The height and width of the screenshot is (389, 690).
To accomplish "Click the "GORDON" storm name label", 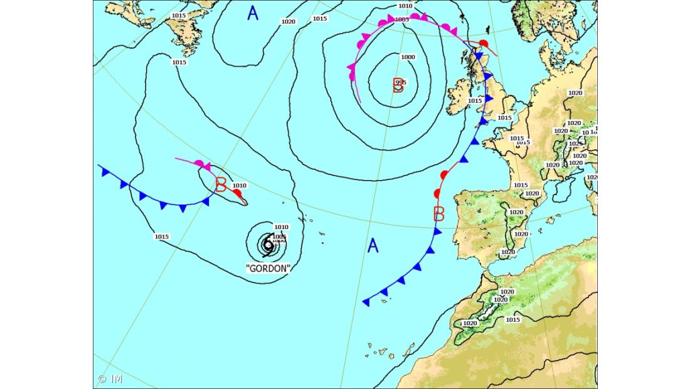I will [268, 268].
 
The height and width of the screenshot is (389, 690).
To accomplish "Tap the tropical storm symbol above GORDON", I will [268, 245].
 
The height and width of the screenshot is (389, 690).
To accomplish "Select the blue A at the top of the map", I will [252, 13].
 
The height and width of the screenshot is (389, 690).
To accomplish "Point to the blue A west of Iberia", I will [373, 245].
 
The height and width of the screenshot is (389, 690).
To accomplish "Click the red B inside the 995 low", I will [398, 85].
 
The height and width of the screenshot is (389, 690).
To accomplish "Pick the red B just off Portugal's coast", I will [439, 214].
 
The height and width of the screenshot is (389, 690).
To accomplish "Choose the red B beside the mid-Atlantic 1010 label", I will [221, 185].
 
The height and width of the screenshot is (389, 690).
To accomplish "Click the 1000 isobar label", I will [408, 57].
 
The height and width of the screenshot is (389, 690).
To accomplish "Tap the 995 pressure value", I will [401, 82].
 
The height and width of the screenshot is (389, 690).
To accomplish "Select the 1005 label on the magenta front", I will [402, 19].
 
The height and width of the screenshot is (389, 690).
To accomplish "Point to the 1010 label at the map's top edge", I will [405, 6].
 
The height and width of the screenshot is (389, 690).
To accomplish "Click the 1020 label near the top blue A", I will [288, 21].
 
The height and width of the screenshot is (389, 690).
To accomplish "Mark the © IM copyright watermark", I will [110, 379].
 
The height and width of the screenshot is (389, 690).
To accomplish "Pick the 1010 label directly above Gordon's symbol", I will [281, 227].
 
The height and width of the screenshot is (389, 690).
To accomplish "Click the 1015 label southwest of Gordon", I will [162, 237].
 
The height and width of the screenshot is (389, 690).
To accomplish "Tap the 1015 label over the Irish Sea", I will [475, 100].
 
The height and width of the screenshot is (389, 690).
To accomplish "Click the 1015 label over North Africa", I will [512, 319].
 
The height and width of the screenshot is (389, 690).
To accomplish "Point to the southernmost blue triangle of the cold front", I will [366, 302].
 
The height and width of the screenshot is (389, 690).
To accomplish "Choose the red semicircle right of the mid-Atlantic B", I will [237, 193].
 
